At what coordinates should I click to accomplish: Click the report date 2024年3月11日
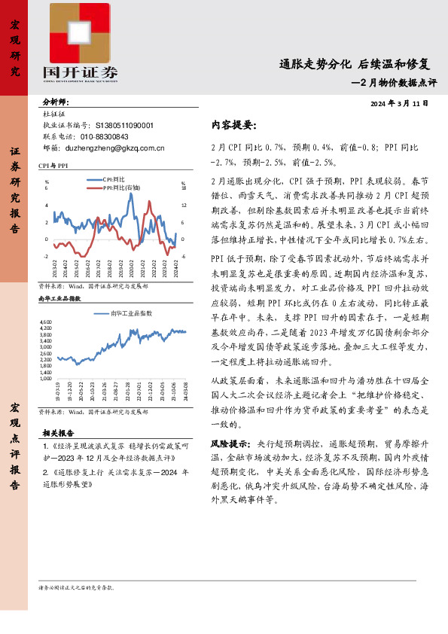pyautogui.click(x=400, y=102)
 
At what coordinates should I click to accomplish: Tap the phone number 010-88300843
pyautogui.click(x=104, y=136)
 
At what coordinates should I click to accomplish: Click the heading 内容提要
pyautogui.click(x=233, y=124)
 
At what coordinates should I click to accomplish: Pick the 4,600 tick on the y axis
pyautogui.click(x=45, y=322)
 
